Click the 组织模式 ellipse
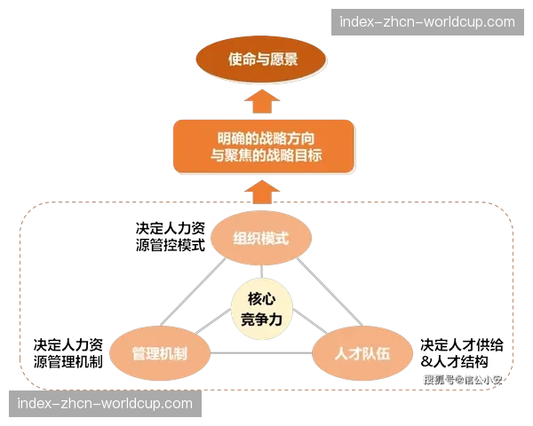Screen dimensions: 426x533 pyautogui.click(x=261, y=238)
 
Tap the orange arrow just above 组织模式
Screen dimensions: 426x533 pyautogui.click(x=263, y=191)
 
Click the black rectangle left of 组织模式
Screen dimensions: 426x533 pyautogui.click(x=169, y=237)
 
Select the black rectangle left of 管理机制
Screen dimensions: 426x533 pyautogui.click(x=67, y=351)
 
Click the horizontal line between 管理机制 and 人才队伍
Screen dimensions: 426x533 pyautogui.click(x=261, y=354)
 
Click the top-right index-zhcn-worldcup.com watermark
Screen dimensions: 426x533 pyautogui.click(x=427, y=21)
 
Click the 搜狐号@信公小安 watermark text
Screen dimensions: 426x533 pyautogui.click(x=462, y=380)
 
